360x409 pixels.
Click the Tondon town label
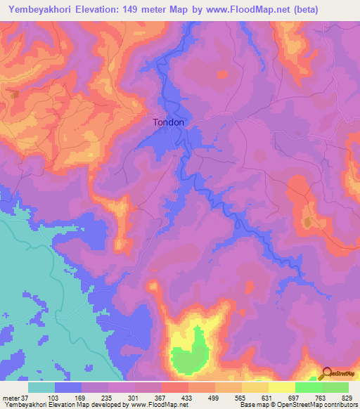point(169,122)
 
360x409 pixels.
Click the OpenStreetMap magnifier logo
point(327,373)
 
